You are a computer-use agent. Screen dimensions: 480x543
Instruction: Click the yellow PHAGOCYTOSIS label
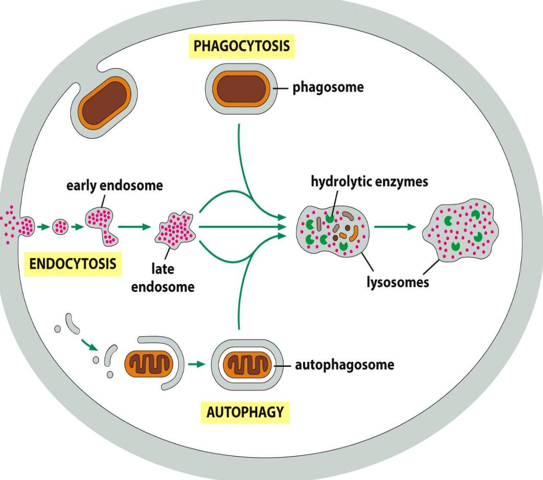coord(242,46)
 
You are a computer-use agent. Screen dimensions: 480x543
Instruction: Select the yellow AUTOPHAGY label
coord(245,412)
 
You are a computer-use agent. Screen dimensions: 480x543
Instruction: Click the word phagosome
coord(328,87)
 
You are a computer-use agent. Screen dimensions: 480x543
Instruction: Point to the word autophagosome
coord(344,365)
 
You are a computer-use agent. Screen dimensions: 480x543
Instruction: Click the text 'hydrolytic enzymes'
coord(369,181)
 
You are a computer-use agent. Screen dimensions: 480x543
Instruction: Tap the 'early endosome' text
coord(114,186)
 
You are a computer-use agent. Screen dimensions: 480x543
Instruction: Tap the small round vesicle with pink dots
coord(60,225)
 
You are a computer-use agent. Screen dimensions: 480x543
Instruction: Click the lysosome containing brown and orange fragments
coord(332,231)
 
